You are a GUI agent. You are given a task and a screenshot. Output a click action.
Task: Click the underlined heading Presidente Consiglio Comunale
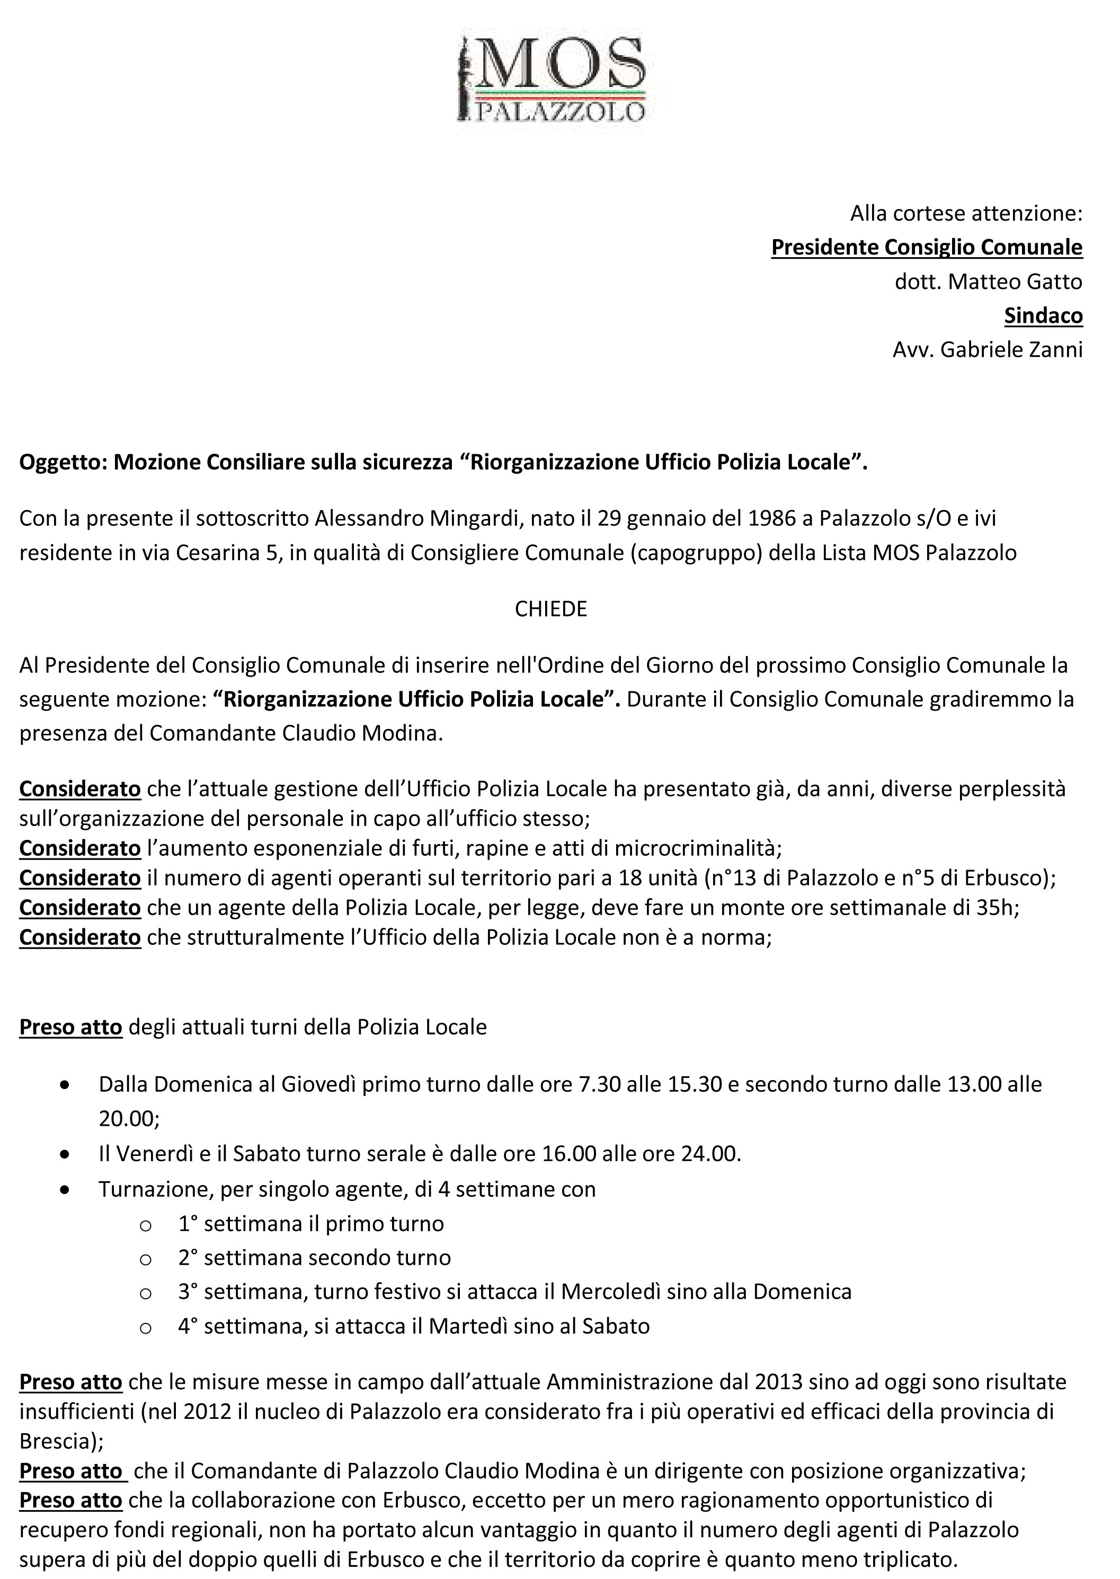pyautogui.click(x=926, y=247)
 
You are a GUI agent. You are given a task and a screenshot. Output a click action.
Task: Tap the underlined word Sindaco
pyautogui.click(x=1043, y=315)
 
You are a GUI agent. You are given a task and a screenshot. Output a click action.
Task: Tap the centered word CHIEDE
pyautogui.click(x=551, y=609)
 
